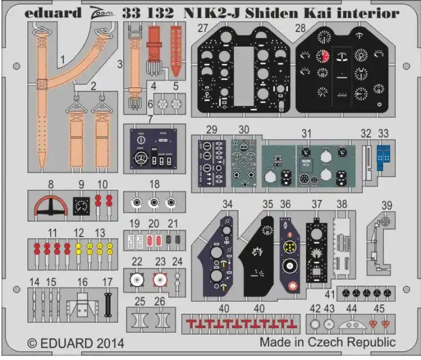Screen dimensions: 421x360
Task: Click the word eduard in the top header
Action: [x=53, y=13]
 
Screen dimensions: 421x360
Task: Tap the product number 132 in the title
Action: [x=160, y=13]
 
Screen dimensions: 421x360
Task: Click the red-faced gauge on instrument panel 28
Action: [x=323, y=56]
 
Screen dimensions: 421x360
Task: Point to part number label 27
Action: [x=202, y=28]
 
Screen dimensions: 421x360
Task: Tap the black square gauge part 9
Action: [x=81, y=206]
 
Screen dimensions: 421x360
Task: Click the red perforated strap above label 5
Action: [x=176, y=51]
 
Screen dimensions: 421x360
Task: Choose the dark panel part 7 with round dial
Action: [x=153, y=149]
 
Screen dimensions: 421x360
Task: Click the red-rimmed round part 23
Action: [x=160, y=280]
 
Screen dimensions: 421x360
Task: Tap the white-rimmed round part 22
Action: [x=137, y=280]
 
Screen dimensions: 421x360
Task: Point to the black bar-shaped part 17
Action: [x=108, y=305]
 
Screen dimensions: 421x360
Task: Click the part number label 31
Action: [x=307, y=133]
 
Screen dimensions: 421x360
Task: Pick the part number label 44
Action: [x=351, y=309]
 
